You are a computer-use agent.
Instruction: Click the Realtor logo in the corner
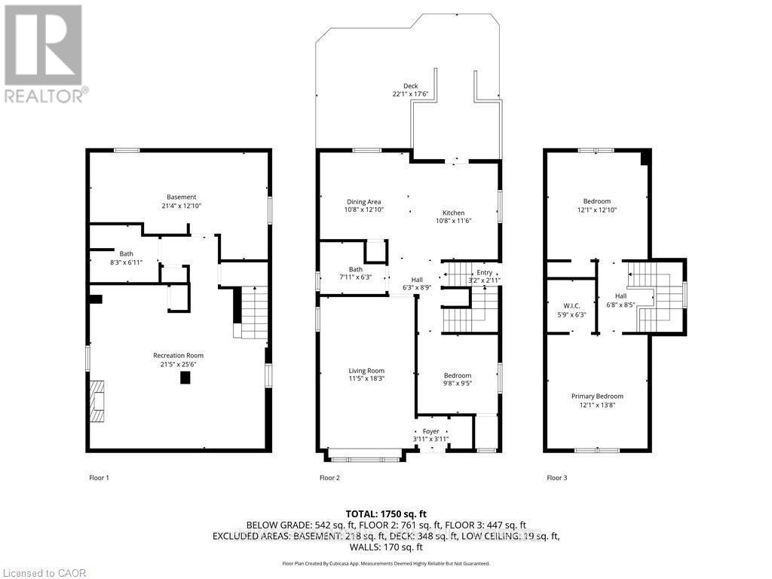[44, 53]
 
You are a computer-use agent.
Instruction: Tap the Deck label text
[410, 87]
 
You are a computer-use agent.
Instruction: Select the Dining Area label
[363, 202]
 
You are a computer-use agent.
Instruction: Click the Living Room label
[366, 371]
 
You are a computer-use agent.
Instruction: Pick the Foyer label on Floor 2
[430, 431]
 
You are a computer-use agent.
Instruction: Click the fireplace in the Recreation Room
[95, 402]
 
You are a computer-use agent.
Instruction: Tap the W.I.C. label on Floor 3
[570, 305]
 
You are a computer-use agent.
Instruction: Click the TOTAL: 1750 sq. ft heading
[385, 512]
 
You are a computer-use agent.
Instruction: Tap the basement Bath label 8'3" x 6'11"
[126, 259]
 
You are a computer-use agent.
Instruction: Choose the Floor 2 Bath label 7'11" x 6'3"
[355, 274]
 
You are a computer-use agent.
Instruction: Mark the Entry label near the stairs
[484, 273]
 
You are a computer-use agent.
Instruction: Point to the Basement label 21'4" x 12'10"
[182, 201]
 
